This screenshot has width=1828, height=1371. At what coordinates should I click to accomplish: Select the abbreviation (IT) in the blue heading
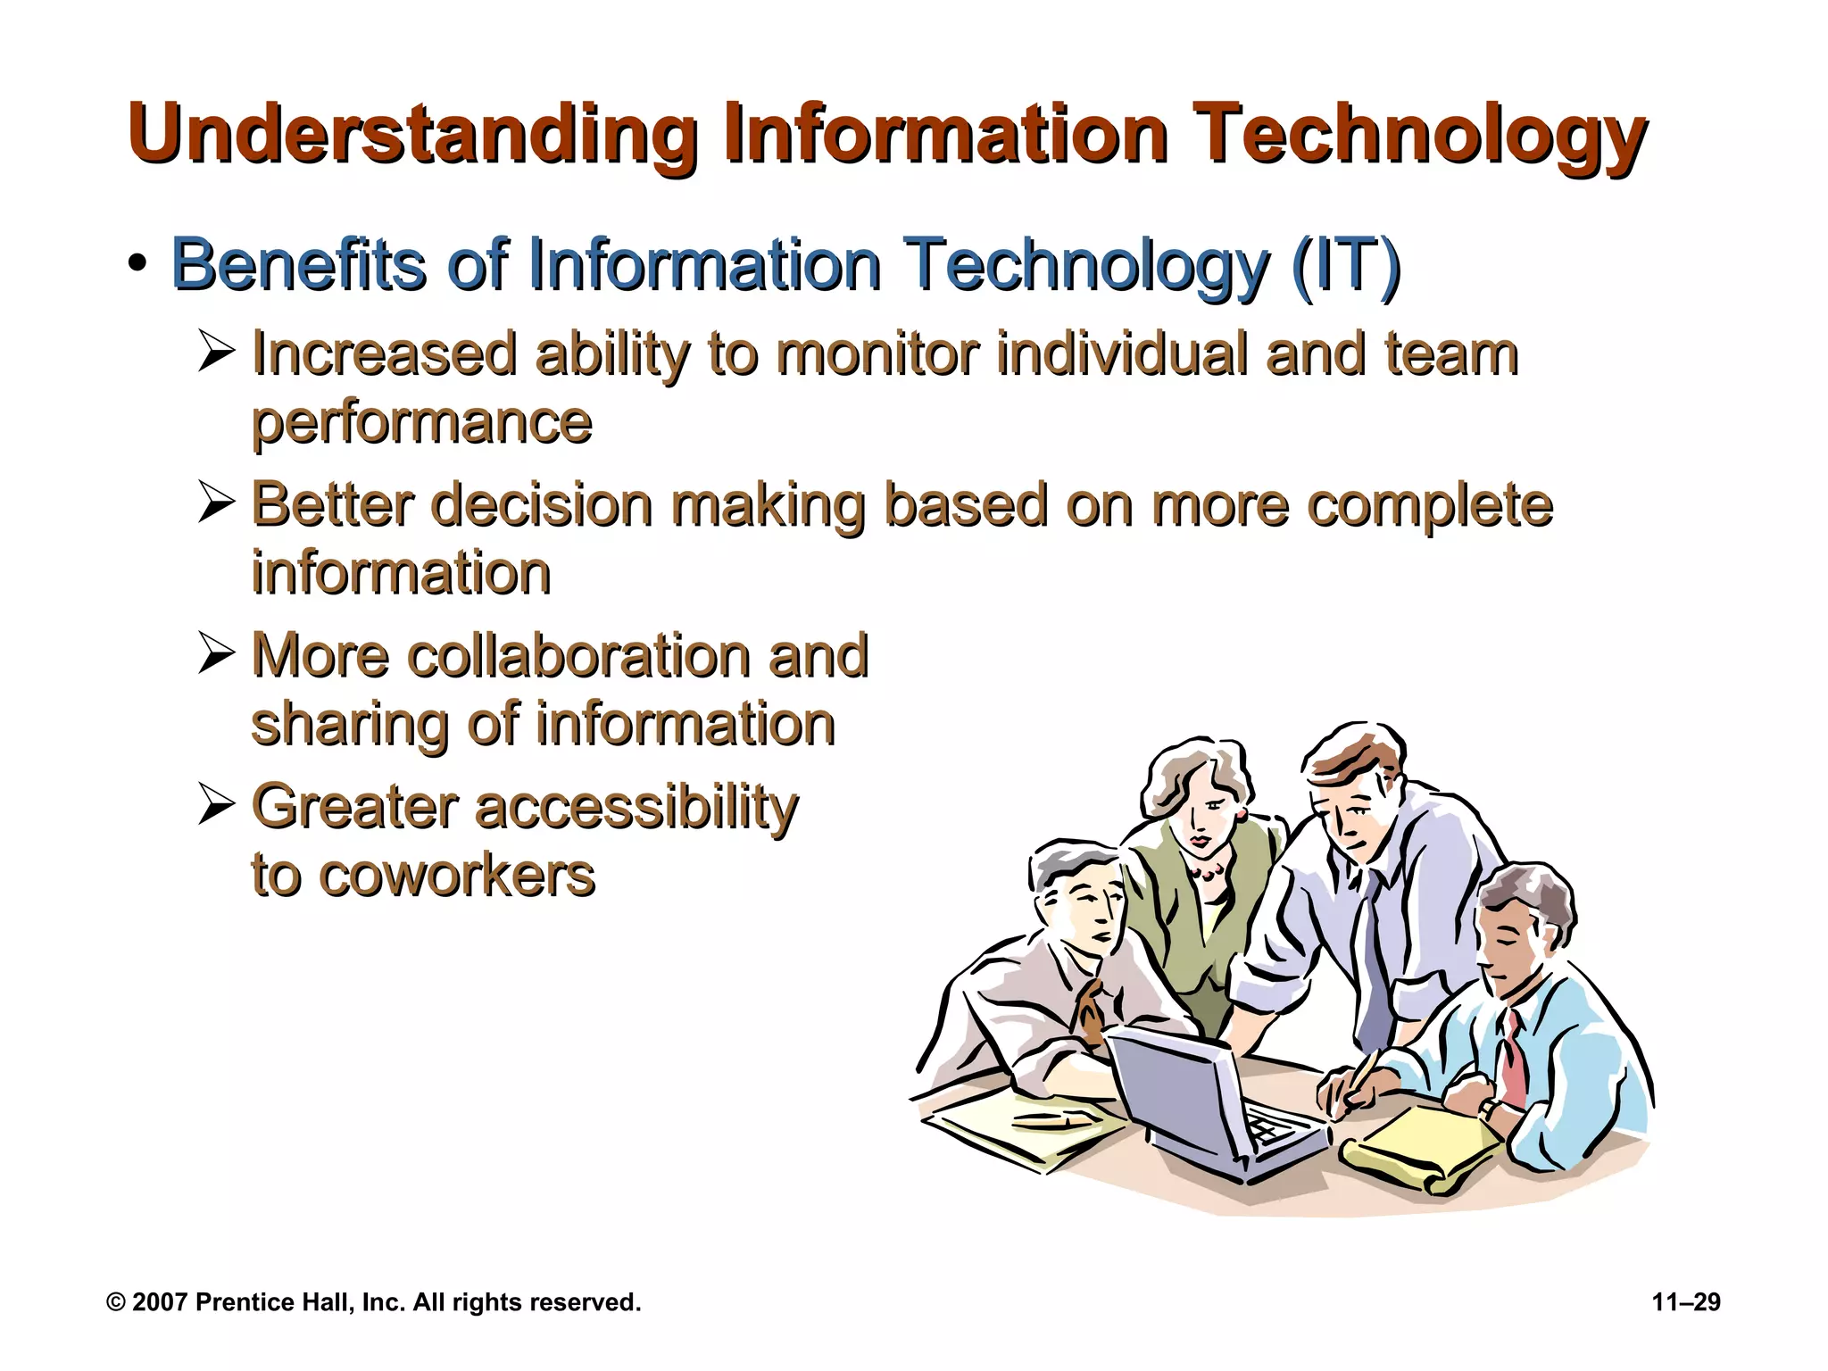click(1345, 265)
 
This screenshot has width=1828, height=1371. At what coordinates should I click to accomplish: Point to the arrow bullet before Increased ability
click(216, 352)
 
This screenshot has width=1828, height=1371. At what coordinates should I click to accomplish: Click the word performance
click(421, 423)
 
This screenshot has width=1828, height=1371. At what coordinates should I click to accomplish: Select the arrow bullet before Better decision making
click(216, 503)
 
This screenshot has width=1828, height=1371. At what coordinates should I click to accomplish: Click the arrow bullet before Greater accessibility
click(216, 805)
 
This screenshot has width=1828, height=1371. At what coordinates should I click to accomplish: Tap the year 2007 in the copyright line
click(161, 1302)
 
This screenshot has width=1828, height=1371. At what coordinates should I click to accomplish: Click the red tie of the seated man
click(1512, 1062)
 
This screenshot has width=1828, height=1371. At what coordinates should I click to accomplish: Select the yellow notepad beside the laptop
click(1428, 1147)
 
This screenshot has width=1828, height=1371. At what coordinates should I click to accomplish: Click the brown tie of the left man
click(1091, 1013)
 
